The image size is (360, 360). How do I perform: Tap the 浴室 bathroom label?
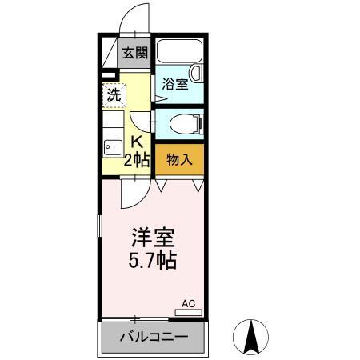(x=175, y=83)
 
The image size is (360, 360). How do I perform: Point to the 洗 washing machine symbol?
(x=114, y=94)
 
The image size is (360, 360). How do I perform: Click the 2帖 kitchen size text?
(x=136, y=159)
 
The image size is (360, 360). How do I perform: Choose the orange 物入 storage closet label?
(x=179, y=159)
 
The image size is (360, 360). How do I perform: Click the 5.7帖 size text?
(x=153, y=260)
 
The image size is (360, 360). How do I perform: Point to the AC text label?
(x=189, y=303)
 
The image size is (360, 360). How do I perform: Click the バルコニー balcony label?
(x=154, y=336)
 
